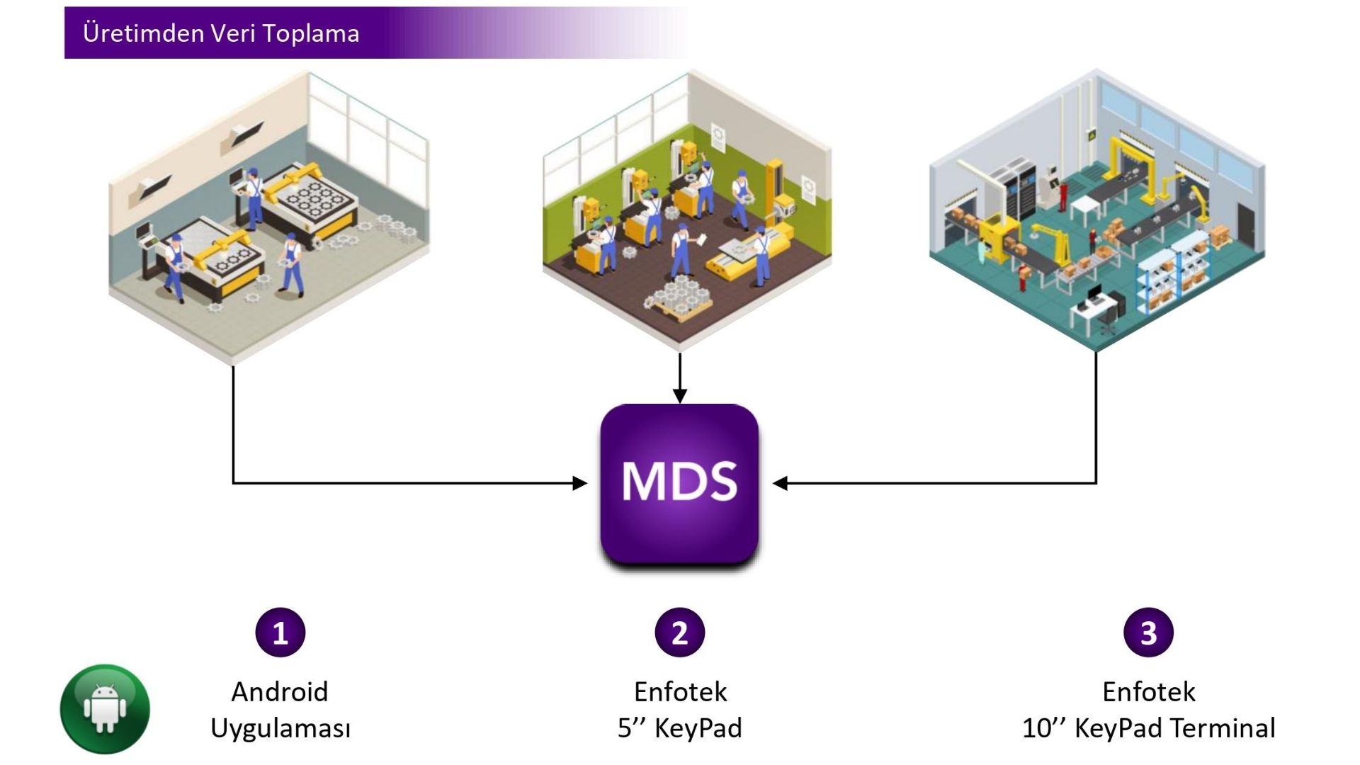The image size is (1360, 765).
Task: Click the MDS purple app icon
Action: pyautogui.click(x=679, y=484)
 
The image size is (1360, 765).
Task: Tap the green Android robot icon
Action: pyautogui.click(x=105, y=708)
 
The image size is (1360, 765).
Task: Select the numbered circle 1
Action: pyautogui.click(x=280, y=633)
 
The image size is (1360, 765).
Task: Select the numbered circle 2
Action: pyautogui.click(x=679, y=633)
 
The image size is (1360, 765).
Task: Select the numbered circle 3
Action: pyautogui.click(x=1148, y=633)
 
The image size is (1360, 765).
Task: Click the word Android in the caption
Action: pyautogui.click(x=280, y=692)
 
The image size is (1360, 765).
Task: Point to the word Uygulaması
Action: pyautogui.click(x=280, y=728)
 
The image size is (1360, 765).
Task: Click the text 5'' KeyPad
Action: pyautogui.click(x=679, y=728)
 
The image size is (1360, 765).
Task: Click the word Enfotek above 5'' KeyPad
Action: pyautogui.click(x=680, y=692)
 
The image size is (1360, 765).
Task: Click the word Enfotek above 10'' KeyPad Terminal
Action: pyautogui.click(x=1148, y=692)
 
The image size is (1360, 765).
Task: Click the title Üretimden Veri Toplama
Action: pyautogui.click(x=221, y=33)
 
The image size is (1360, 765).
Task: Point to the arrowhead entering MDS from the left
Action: pyautogui.click(x=580, y=483)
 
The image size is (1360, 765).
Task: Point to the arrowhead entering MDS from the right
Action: pyautogui.click(x=781, y=483)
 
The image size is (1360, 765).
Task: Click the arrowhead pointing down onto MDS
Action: pyautogui.click(x=680, y=396)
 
